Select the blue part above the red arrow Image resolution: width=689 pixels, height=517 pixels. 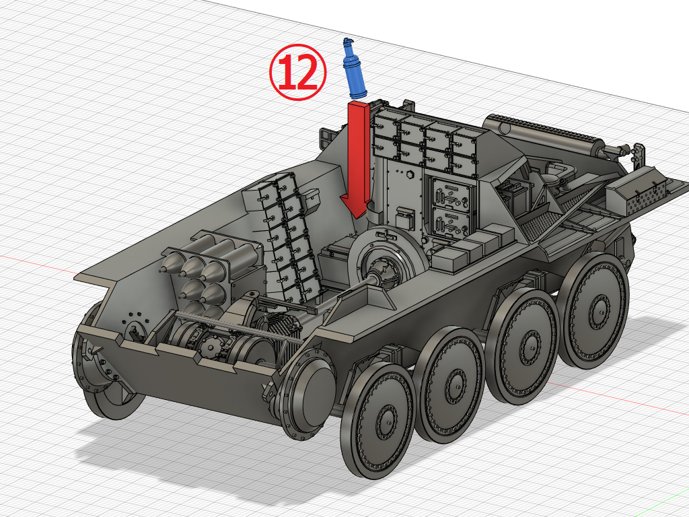(x=353, y=71)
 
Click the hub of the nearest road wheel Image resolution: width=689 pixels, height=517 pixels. (x=384, y=422)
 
